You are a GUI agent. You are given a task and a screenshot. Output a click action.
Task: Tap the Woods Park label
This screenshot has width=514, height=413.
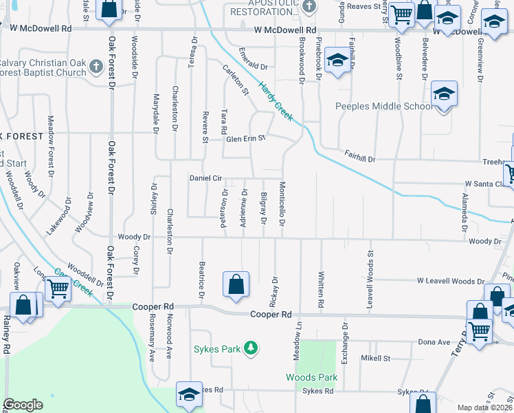tap(312, 377)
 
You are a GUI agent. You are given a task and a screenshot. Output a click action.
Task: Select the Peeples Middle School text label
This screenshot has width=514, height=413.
tap(383, 106)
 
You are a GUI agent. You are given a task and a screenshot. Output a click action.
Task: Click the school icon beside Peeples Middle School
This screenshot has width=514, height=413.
tap(444, 94)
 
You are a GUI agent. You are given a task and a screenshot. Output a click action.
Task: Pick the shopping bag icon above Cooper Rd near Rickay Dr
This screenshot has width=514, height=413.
tap(236, 284)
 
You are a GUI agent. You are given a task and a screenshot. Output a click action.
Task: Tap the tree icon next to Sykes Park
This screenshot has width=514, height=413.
tap(252, 348)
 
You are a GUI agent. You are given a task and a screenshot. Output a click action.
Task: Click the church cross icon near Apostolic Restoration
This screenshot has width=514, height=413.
tap(309, 6)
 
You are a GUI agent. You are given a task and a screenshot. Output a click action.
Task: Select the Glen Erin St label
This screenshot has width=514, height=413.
tap(245, 139)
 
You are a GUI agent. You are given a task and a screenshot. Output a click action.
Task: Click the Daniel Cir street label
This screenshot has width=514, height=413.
tap(205, 178)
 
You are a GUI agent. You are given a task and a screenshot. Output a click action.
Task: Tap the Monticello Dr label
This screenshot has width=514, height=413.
tap(282, 204)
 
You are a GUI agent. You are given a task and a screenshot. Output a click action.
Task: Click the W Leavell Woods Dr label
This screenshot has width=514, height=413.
tap(451, 281)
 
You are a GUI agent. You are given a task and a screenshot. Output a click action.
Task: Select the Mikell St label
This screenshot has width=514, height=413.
tap(375, 359)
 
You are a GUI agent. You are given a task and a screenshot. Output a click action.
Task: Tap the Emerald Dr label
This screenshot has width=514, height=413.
tap(252, 61)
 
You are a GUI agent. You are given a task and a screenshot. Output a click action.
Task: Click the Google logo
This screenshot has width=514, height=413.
tap(23, 405)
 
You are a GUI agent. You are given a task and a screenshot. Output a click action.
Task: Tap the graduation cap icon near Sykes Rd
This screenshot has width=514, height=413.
tap(189, 394)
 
